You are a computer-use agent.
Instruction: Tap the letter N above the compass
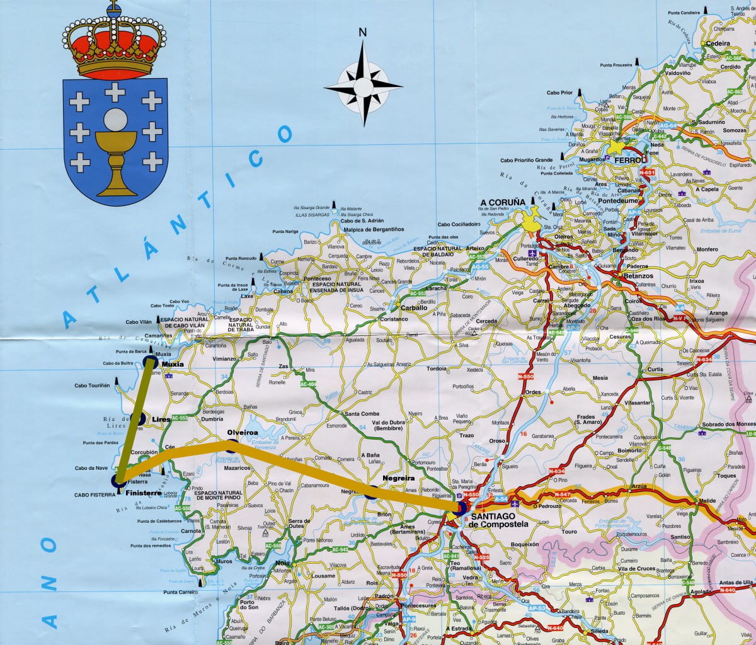click(362, 32)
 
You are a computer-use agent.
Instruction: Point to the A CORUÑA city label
click(502, 202)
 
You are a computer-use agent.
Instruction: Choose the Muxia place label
click(172, 364)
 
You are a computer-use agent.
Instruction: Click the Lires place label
click(161, 419)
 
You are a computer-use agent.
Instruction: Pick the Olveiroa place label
click(242, 433)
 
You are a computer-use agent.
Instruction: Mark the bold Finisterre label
click(144, 493)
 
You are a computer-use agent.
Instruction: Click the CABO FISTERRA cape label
click(94, 495)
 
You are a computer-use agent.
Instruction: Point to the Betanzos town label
click(634, 276)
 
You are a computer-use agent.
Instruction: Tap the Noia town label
click(282, 562)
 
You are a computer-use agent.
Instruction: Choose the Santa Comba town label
click(362, 414)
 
